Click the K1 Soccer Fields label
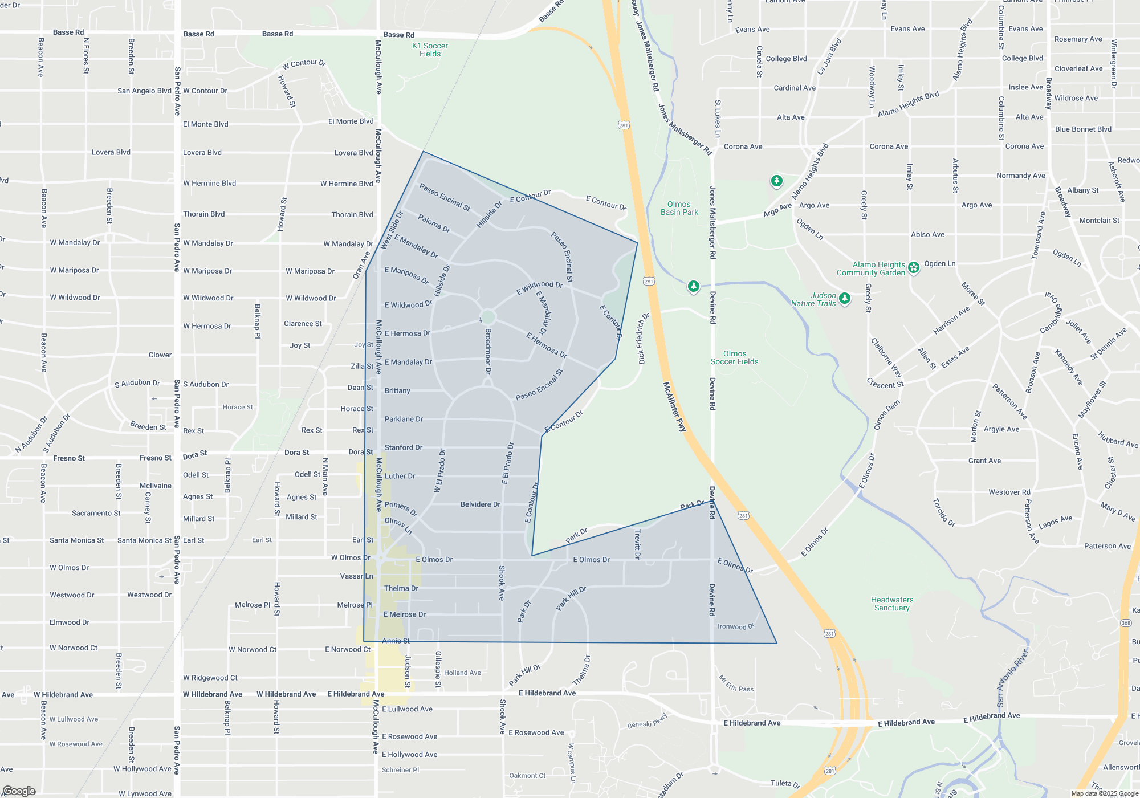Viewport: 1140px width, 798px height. pyautogui.click(x=430, y=50)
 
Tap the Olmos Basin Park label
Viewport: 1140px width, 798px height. pyautogui.click(x=679, y=208)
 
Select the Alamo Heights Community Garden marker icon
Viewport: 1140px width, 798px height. pyautogui.click(x=914, y=267)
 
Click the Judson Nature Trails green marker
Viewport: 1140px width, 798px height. pyautogui.click(x=845, y=298)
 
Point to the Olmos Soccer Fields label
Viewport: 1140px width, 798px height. pyautogui.click(x=734, y=357)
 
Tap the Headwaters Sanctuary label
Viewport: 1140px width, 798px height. pyautogui.click(x=892, y=604)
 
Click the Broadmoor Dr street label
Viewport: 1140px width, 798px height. pyautogui.click(x=488, y=351)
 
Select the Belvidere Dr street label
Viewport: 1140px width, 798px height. pyautogui.click(x=480, y=504)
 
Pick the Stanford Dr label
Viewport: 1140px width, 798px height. pyautogui.click(x=404, y=447)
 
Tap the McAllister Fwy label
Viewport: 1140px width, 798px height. pyautogui.click(x=674, y=407)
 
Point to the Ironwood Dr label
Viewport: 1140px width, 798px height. pyautogui.click(x=735, y=626)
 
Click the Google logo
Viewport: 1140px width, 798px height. pyautogui.click(x=19, y=791)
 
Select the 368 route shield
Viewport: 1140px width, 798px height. pyautogui.click(x=1126, y=623)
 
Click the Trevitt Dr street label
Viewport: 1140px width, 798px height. pyautogui.click(x=637, y=544)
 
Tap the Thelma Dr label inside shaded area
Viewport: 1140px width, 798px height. pyautogui.click(x=401, y=588)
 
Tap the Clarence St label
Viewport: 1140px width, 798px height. pyautogui.click(x=303, y=324)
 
